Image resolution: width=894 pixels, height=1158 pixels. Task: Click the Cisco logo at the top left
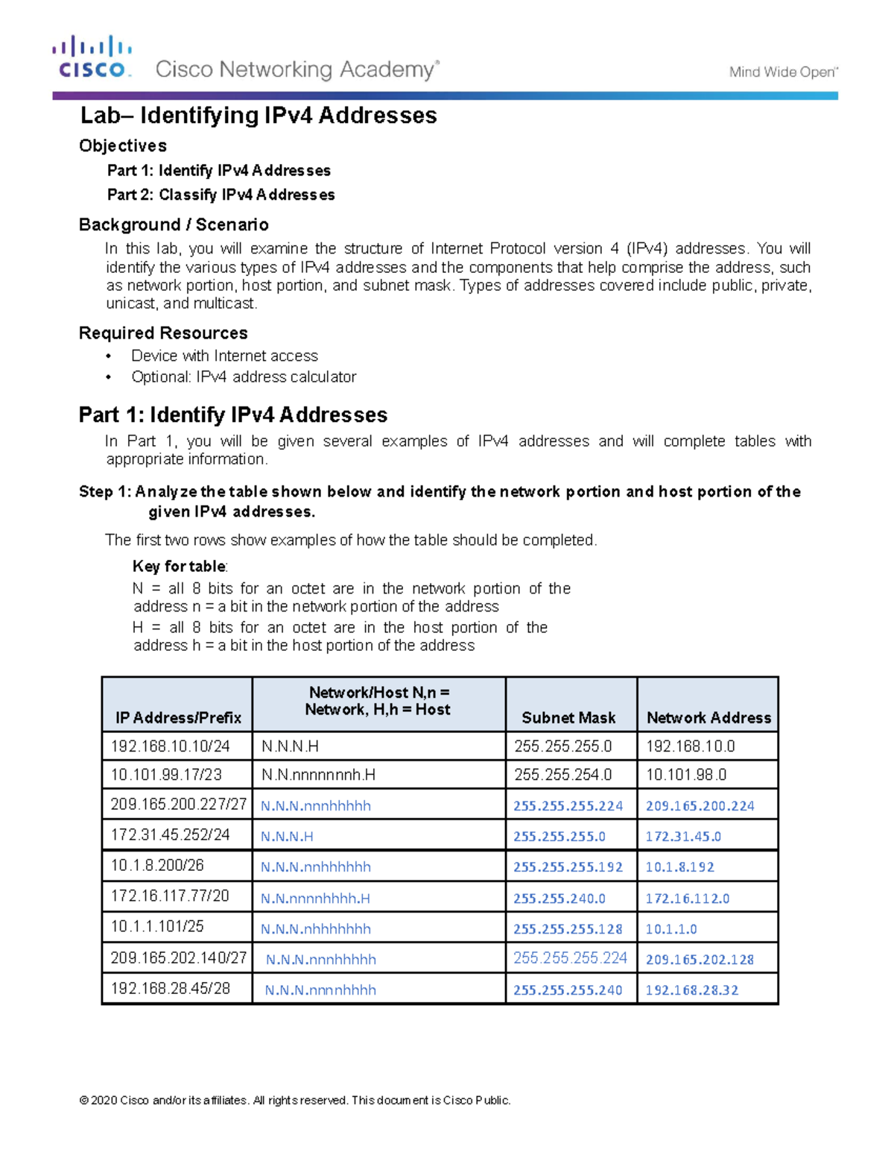(x=92, y=57)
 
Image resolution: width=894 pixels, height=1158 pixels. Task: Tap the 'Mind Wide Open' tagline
(x=783, y=72)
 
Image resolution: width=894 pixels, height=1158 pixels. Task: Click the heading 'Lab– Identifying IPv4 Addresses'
(x=259, y=116)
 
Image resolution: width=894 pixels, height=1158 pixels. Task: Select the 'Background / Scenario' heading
(x=174, y=224)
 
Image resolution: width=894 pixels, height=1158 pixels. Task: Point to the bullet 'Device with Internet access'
(x=224, y=356)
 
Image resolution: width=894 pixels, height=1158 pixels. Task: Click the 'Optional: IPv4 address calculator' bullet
(x=244, y=377)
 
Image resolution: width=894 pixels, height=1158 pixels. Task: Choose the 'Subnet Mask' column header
(x=568, y=717)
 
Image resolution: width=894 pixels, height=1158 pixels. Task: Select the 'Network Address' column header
(x=708, y=717)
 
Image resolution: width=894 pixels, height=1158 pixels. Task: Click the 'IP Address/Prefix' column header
(x=178, y=717)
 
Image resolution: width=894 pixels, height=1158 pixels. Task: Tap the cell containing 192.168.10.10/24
(x=170, y=746)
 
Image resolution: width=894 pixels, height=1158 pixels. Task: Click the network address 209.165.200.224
(x=700, y=806)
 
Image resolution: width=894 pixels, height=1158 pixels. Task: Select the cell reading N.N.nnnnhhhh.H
(x=315, y=899)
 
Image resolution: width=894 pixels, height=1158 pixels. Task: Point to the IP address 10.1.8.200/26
(x=157, y=866)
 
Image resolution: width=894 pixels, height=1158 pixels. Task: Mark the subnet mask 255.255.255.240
(x=568, y=990)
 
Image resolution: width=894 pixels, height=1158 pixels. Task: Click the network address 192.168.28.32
(x=691, y=990)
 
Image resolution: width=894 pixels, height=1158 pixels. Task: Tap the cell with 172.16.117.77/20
(x=170, y=896)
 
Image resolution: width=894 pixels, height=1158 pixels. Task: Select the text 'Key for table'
(x=180, y=566)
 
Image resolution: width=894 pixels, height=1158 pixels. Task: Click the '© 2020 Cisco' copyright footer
(x=295, y=1101)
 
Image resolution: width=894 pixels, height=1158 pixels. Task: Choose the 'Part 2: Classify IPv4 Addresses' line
(x=221, y=195)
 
